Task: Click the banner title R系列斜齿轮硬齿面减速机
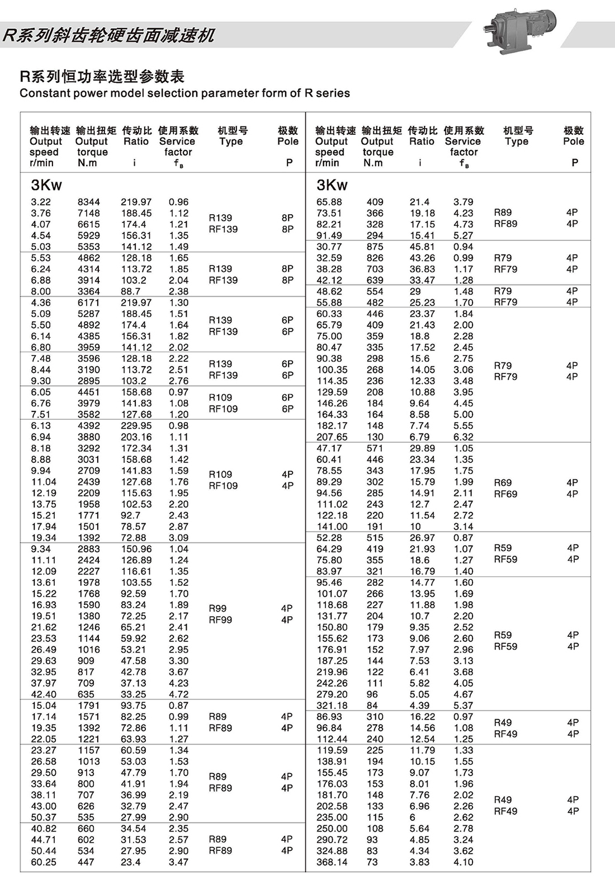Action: coord(108,35)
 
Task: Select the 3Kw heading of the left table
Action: coord(46,185)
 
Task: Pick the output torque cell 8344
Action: coord(89,202)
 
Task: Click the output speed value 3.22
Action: coord(41,202)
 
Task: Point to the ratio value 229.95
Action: coord(136,425)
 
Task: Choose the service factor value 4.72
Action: coord(179,694)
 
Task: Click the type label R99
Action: coord(217,608)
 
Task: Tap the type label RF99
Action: coord(220,620)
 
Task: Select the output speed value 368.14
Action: coord(332,862)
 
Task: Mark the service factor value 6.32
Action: coord(463,437)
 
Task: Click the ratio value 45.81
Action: coord(422,247)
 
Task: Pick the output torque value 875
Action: coord(375,247)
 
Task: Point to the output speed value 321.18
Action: coord(332,706)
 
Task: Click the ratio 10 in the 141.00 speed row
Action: coord(415,527)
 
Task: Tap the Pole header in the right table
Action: coord(574,141)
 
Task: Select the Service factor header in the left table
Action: coord(178,146)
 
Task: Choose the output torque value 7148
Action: coord(89,213)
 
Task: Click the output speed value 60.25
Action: coord(44,862)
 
